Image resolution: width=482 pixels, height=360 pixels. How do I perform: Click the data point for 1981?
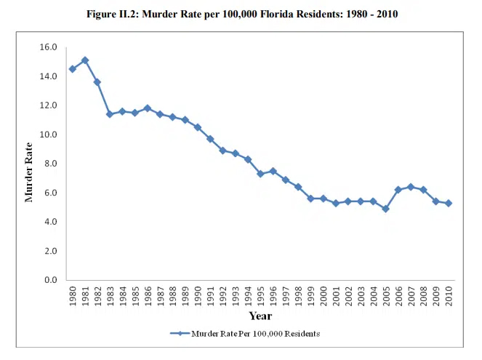pos(85,60)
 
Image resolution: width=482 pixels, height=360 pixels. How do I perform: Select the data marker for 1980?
pos(72,69)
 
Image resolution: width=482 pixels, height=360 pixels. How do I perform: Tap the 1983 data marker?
pos(110,114)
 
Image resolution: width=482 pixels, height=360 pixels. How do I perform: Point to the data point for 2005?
pos(385,209)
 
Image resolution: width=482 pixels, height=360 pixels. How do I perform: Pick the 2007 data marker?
pos(411,187)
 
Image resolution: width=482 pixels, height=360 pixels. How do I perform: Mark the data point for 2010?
pos(449,203)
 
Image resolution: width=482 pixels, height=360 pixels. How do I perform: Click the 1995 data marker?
pos(260,174)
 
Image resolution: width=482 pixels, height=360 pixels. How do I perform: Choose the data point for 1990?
pos(198,127)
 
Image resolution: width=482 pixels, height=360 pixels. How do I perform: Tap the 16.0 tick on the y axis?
pos(49,47)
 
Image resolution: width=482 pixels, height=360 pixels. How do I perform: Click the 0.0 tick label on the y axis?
pos(51,280)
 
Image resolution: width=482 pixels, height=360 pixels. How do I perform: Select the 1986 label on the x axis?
pos(148,297)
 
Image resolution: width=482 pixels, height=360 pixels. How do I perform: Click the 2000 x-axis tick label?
pos(324,297)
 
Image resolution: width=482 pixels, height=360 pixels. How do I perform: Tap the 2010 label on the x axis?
pos(449,297)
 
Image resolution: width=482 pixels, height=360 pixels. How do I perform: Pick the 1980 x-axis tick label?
pos(72,297)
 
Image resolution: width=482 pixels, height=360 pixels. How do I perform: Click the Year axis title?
pos(260,316)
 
